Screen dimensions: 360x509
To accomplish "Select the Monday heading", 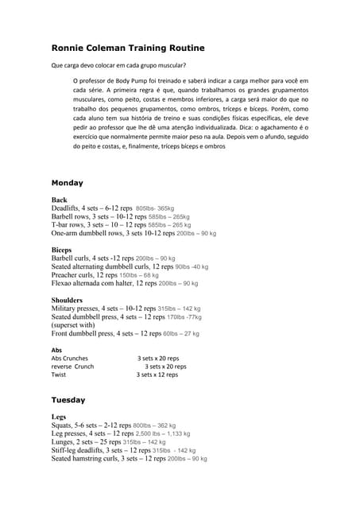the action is [x=68, y=182].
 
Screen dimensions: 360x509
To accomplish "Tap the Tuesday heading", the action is [x=68, y=399].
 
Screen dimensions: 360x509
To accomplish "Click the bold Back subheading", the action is [x=59, y=200].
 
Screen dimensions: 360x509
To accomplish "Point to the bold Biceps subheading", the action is [x=62, y=250].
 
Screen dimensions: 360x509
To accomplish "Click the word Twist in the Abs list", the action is [x=59, y=375].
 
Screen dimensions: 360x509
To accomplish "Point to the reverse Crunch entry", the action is [x=72, y=367].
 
